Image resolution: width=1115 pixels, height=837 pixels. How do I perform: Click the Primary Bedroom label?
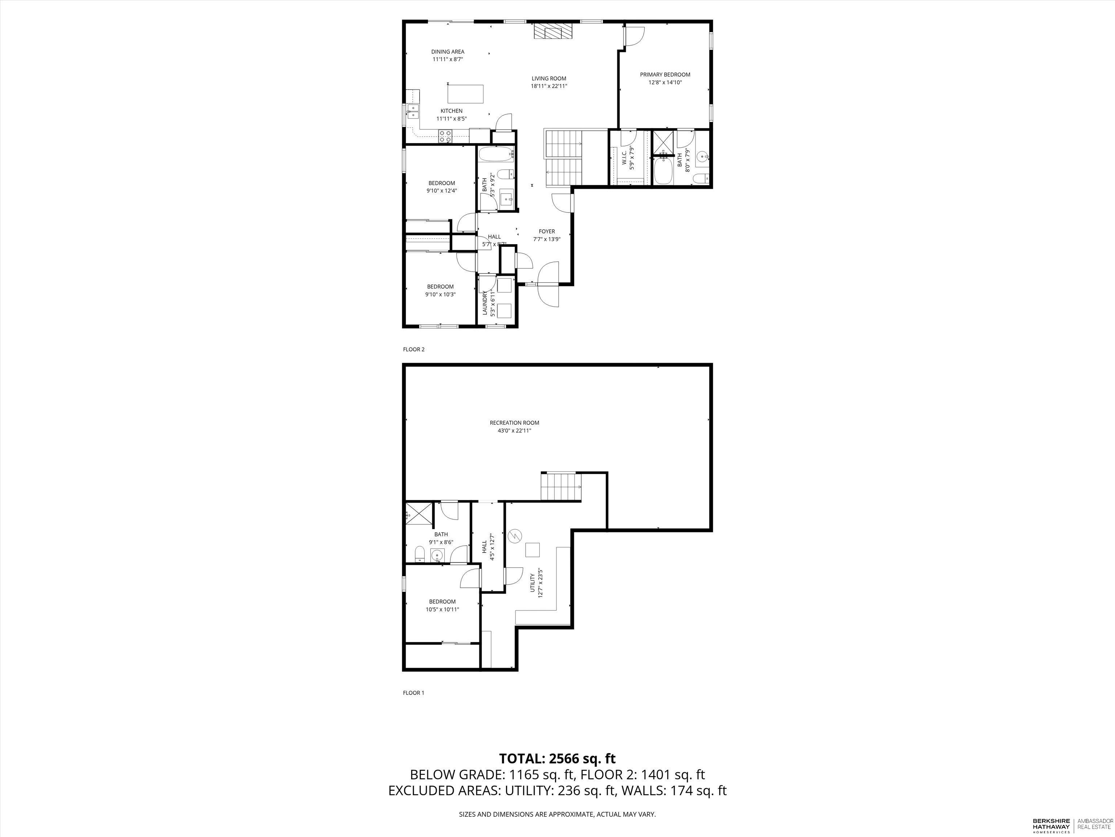coord(665,75)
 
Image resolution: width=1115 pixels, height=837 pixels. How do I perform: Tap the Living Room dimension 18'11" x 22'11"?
coord(549,86)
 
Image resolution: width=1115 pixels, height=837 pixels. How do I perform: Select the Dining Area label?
coord(448,52)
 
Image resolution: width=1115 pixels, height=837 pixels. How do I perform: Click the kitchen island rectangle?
coord(113,94)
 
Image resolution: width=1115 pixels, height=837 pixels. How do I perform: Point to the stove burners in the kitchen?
coord(92,135)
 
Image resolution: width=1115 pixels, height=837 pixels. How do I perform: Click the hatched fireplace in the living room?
coord(554,31)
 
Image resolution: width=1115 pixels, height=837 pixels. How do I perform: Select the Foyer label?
coord(547,231)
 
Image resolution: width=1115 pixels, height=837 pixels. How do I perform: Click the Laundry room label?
coord(485,303)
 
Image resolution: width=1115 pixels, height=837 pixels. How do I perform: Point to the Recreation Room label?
coord(514,423)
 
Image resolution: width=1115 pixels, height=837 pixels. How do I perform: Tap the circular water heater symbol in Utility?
coord(515,536)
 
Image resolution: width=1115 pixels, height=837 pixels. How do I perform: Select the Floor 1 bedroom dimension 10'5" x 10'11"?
coord(442,610)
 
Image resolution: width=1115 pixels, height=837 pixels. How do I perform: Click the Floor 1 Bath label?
coord(441,535)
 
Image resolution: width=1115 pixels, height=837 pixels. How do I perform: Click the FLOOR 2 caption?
coord(414,349)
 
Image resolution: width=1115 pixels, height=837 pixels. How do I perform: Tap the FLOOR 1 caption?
coord(413,693)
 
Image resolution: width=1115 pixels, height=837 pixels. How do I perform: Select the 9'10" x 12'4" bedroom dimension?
coord(442,191)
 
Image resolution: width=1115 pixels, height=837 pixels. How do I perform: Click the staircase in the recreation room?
coord(561,486)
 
